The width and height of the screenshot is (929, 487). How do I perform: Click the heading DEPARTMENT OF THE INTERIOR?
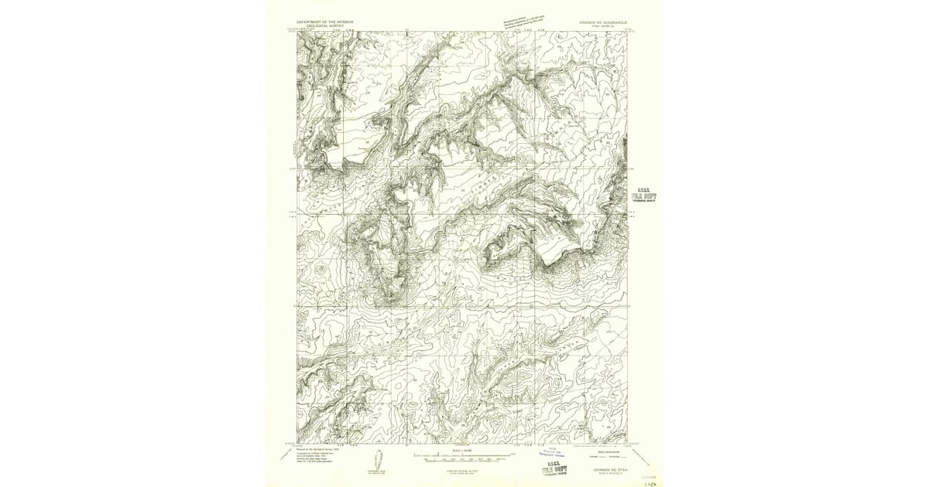[326, 22]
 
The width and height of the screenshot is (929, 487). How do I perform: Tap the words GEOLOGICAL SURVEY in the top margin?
[319, 26]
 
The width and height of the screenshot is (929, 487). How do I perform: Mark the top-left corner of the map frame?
[297, 32]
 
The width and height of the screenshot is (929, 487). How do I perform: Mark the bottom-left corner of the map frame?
[297, 444]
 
